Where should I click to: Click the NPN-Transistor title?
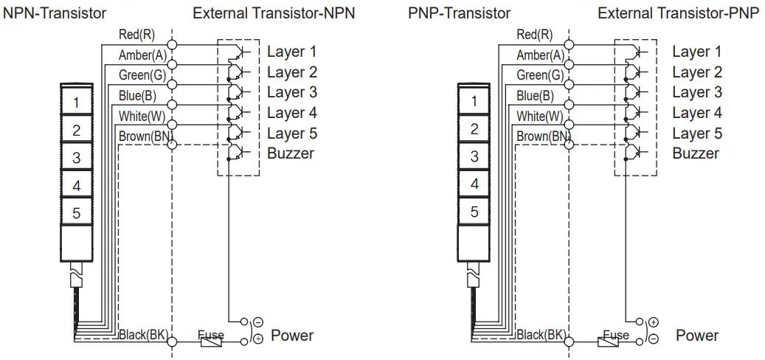(55, 13)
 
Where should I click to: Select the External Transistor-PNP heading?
(678, 13)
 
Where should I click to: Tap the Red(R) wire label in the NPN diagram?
(136, 35)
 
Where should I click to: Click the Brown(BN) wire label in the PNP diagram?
(542, 136)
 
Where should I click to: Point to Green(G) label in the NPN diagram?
(142, 75)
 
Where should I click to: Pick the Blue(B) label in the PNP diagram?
(535, 95)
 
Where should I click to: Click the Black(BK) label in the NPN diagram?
(144, 335)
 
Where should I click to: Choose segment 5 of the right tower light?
(474, 212)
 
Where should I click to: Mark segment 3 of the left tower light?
(76, 156)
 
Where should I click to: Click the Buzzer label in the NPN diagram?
(291, 153)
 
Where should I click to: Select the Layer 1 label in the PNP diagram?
(696, 52)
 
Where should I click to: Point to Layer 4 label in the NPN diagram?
(291, 113)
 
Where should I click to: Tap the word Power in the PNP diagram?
(696, 336)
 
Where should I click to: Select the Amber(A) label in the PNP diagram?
(540, 55)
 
